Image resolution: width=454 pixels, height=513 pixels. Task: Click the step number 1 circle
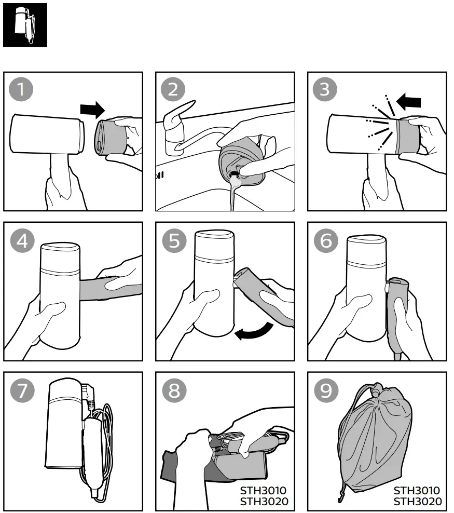(21, 89)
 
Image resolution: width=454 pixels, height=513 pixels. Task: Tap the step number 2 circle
(173, 89)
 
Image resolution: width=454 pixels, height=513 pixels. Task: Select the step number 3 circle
(325, 89)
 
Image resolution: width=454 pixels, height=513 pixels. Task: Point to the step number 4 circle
(22, 241)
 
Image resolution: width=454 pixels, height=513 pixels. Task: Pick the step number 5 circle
(174, 241)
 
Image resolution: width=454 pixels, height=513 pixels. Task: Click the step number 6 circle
(326, 241)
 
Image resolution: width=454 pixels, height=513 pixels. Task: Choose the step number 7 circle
(22, 390)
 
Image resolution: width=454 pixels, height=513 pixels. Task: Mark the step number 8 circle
(174, 390)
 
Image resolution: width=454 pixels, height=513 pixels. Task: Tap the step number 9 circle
(326, 390)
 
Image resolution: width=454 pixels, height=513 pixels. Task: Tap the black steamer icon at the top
(25, 25)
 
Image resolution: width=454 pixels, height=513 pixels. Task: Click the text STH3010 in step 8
(263, 491)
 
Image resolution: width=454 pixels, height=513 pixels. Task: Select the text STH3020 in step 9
(417, 501)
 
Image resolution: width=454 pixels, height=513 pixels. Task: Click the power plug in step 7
(88, 395)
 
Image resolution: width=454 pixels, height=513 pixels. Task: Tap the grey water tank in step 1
(111, 137)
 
